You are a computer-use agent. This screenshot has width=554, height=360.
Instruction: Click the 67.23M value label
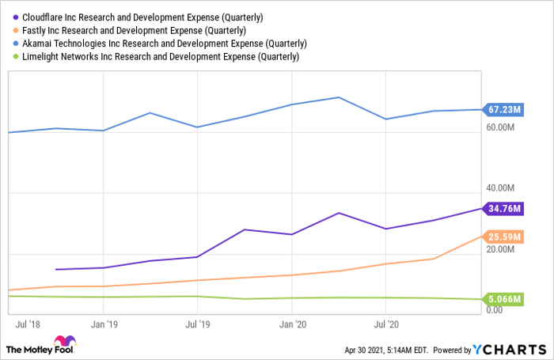point(503,109)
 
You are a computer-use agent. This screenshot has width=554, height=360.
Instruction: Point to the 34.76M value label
point(503,208)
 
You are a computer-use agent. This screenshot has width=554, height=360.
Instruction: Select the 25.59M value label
point(503,237)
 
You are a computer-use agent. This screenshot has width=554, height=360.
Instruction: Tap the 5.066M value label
point(503,299)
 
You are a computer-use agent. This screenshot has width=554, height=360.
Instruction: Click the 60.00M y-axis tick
point(502,127)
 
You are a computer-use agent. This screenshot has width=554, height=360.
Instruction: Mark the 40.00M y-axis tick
point(502,188)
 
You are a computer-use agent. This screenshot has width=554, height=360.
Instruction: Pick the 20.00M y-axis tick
point(502,249)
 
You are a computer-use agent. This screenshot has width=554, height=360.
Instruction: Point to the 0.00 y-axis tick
point(494,310)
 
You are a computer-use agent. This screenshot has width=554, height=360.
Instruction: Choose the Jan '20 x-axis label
point(294,324)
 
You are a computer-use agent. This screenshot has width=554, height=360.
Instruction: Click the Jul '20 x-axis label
point(385,324)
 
